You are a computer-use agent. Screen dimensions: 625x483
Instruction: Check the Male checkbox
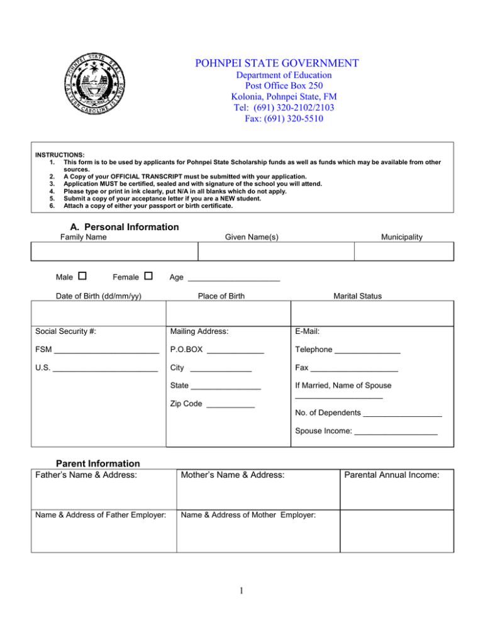[x=82, y=275]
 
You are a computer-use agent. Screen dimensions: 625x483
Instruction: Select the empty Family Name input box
[x=114, y=252]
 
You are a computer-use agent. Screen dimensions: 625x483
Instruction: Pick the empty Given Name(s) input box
[x=276, y=252]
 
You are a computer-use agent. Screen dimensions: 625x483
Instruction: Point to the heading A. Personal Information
[x=117, y=226]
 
